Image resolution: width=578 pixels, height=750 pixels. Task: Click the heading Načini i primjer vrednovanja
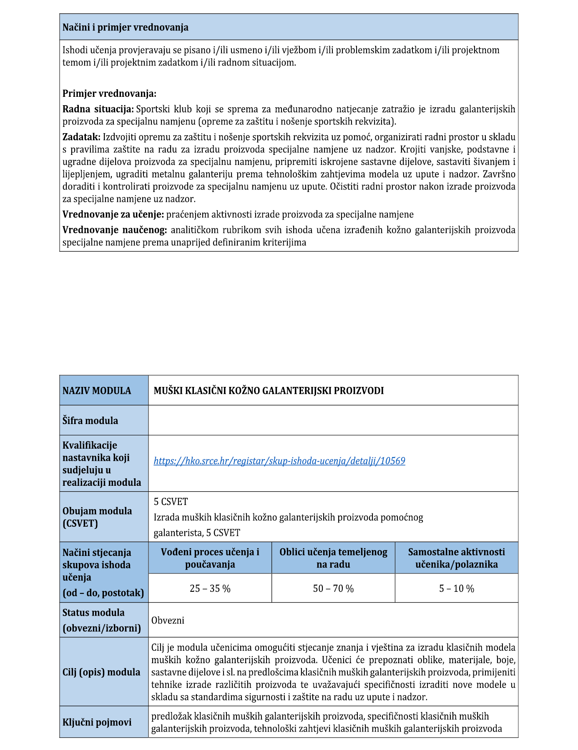(125, 28)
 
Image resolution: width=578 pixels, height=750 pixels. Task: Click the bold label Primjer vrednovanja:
(109, 93)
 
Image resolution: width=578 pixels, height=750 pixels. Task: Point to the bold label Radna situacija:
(98, 109)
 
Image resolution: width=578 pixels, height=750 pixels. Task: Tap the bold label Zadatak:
(81, 137)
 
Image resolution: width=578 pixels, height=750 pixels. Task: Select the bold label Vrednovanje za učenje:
(113, 215)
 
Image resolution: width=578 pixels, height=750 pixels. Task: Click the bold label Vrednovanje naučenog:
(115, 230)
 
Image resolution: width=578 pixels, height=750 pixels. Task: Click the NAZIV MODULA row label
(97, 391)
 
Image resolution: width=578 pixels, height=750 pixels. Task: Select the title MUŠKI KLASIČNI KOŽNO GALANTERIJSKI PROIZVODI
(269, 391)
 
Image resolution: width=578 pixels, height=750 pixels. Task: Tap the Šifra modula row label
(90, 421)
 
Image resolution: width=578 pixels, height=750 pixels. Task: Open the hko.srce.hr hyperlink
(279, 461)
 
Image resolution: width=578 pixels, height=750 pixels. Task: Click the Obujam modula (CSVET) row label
(97, 517)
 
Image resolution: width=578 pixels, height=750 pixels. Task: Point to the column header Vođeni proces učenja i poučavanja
(210, 558)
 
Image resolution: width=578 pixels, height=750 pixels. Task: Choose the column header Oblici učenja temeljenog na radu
(333, 558)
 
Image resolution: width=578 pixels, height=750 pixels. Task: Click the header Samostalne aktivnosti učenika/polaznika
(456, 558)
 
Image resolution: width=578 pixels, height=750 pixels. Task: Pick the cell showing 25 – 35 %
(210, 588)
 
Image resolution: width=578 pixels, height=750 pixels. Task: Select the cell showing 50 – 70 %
(333, 588)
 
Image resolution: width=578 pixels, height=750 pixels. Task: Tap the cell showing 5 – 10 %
(456, 588)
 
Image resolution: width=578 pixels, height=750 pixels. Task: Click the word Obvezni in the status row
(168, 620)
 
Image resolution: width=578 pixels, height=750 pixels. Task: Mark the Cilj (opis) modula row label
(101, 672)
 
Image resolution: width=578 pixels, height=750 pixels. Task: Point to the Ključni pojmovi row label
(97, 722)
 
